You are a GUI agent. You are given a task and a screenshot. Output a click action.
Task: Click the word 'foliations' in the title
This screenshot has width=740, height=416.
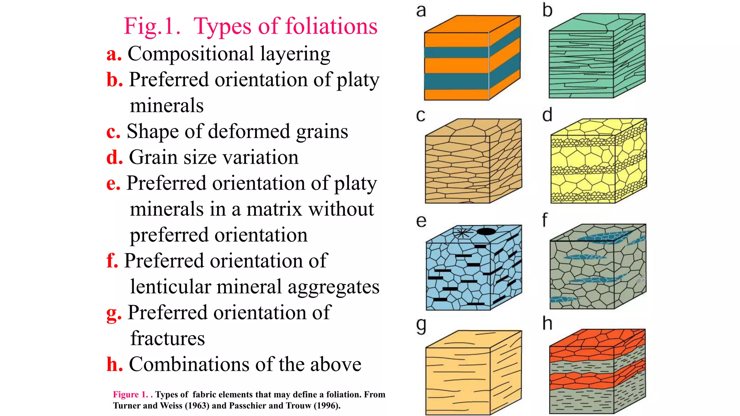[331, 26]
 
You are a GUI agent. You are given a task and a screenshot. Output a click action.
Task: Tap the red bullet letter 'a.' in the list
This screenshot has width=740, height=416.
[114, 54]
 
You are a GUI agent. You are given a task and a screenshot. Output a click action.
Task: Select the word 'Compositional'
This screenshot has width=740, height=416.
[191, 55]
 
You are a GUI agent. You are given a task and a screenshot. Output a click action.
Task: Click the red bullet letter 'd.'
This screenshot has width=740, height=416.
[115, 157]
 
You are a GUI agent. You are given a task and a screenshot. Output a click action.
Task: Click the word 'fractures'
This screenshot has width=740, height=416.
[168, 338]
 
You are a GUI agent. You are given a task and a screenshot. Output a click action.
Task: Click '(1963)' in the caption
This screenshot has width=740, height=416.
[197, 406]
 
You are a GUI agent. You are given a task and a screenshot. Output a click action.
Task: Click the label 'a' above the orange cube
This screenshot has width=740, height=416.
[421, 11]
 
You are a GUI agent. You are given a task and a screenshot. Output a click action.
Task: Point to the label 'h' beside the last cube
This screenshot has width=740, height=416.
[547, 323]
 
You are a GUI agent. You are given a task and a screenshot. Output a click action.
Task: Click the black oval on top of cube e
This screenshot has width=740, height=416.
[486, 231]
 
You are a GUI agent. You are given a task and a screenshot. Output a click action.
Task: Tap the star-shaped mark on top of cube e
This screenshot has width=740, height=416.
[462, 233]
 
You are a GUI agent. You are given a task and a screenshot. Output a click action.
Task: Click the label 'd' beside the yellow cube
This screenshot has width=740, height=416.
[547, 115]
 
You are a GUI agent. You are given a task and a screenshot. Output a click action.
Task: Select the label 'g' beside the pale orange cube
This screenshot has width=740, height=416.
[421, 326]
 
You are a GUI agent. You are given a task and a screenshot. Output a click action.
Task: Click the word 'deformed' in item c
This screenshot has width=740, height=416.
[249, 131]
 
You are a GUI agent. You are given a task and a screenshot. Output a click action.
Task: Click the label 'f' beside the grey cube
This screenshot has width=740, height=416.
[545, 220]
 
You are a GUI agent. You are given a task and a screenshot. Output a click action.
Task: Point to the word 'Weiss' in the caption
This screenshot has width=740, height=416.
[171, 406]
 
